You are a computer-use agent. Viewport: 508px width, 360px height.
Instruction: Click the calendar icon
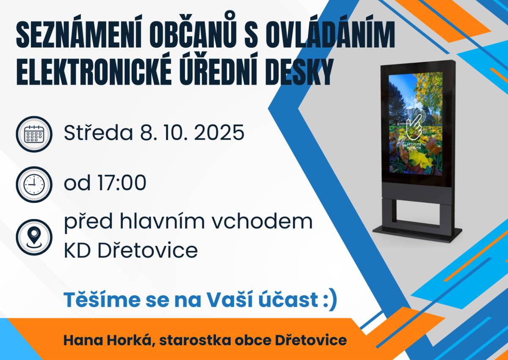tap(34, 134)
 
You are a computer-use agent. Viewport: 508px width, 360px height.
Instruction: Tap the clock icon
tap(34, 184)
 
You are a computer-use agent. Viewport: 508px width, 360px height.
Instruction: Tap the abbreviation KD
tap(78, 251)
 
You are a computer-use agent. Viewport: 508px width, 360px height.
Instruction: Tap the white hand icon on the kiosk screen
tap(415, 125)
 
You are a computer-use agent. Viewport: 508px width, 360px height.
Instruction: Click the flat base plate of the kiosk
tap(417, 232)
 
